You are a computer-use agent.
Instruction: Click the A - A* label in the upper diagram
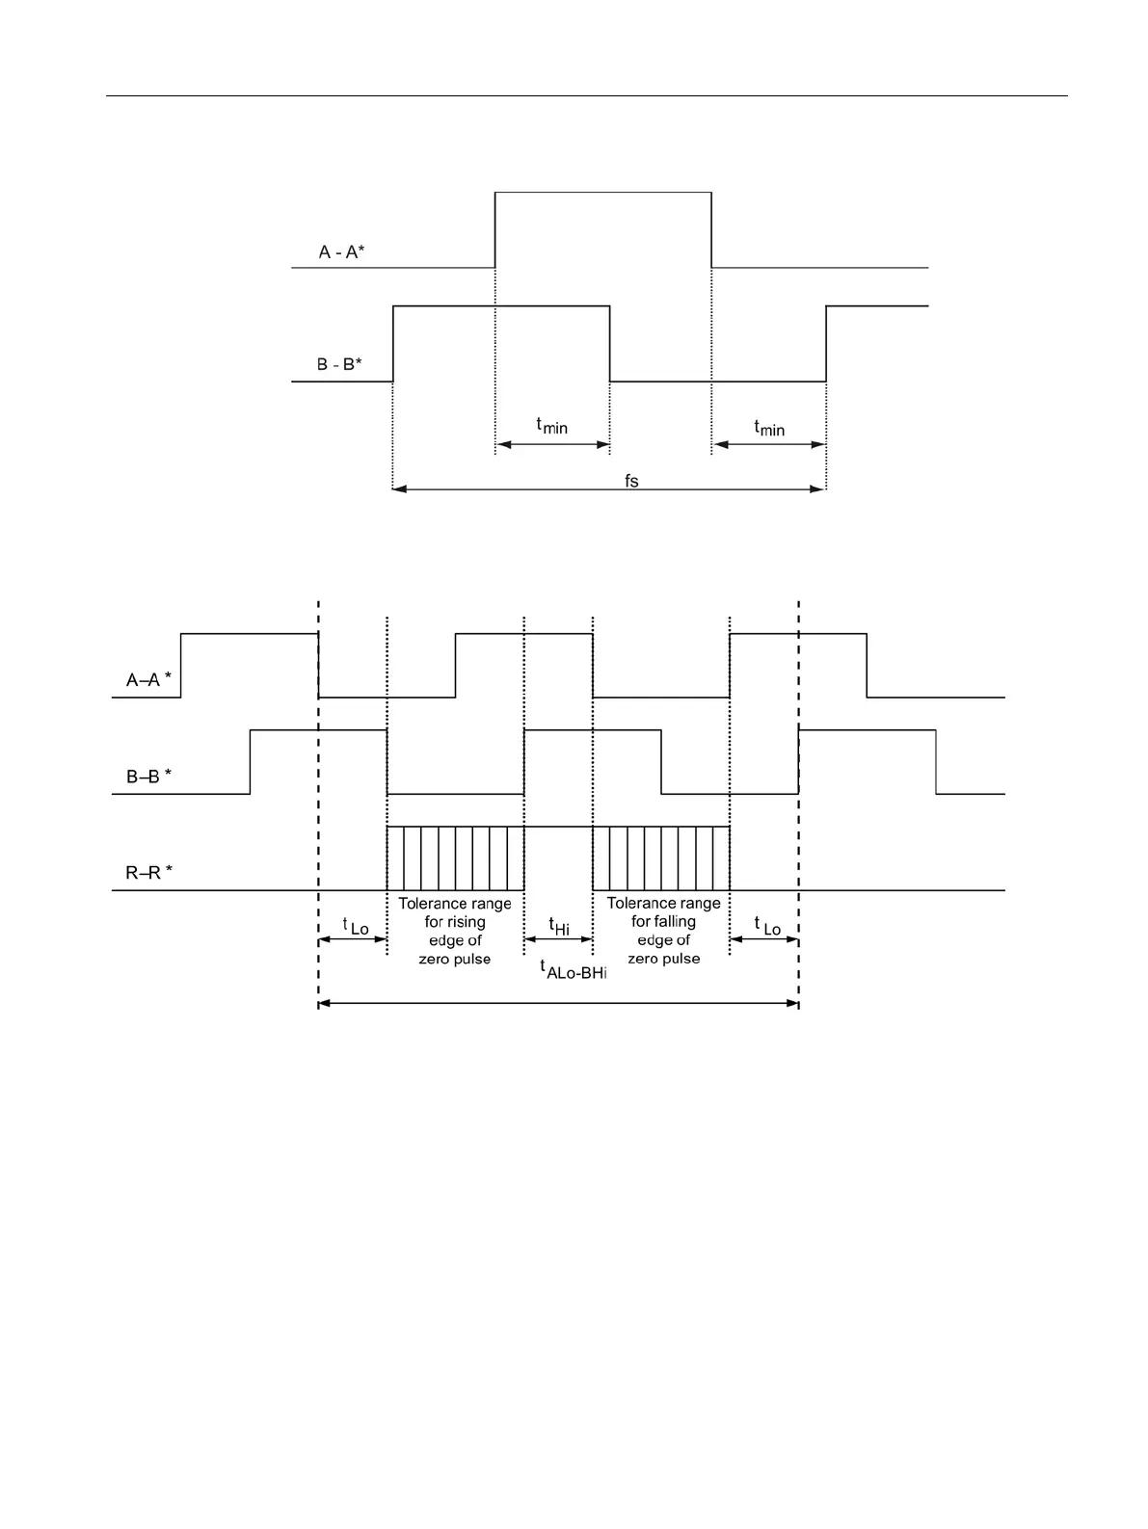[341, 252]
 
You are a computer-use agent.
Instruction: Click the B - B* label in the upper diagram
[339, 365]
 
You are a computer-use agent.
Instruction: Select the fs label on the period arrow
[631, 481]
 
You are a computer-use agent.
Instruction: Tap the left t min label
[551, 425]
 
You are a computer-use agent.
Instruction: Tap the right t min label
[768, 427]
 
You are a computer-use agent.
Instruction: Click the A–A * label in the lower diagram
[148, 679]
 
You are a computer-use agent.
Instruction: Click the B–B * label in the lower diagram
[148, 776]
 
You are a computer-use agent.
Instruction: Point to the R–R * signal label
[148, 873]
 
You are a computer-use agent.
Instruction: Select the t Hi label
[559, 927]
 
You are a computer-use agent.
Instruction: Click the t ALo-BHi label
[574, 969]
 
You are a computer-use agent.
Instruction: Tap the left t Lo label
[355, 926]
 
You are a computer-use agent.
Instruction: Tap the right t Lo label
[767, 926]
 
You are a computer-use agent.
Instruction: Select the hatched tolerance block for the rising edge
[455, 858]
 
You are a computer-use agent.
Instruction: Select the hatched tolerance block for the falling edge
[661, 858]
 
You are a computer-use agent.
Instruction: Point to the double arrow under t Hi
[558, 939]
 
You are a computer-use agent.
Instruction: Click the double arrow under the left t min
[552, 445]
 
